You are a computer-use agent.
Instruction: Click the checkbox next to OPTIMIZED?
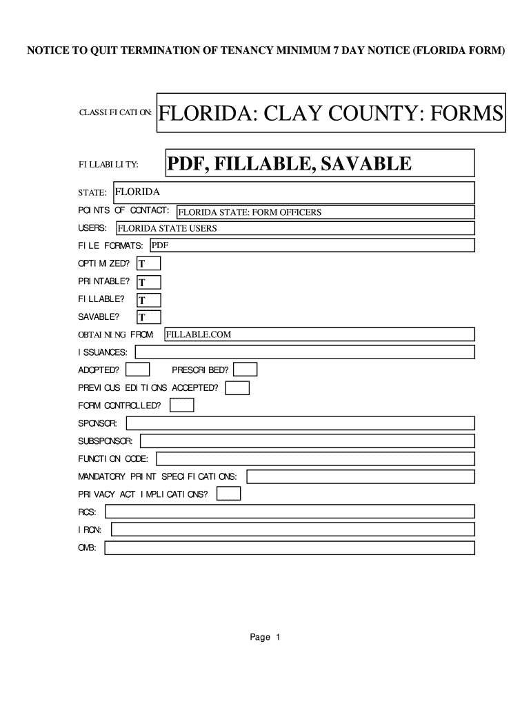pyautogui.click(x=149, y=263)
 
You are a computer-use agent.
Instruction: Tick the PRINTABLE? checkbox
pyautogui.click(x=149, y=282)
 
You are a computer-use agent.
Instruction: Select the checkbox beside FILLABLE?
pyautogui.click(x=149, y=300)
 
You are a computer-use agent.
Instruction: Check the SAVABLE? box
pyautogui.click(x=149, y=318)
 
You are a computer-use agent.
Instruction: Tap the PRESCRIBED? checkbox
pyautogui.click(x=246, y=370)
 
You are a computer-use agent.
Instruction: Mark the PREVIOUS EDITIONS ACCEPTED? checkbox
pyautogui.click(x=238, y=388)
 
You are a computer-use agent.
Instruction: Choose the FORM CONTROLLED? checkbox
pyautogui.click(x=182, y=405)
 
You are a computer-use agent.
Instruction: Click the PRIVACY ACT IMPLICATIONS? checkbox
pyautogui.click(x=229, y=494)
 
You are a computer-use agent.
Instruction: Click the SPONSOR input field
pyautogui.click(x=299, y=423)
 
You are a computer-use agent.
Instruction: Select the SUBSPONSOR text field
pyautogui.click(x=308, y=441)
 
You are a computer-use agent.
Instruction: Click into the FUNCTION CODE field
pyautogui.click(x=316, y=458)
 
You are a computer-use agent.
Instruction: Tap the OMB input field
pyautogui.click(x=290, y=548)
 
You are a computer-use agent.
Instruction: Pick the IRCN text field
pyautogui.click(x=293, y=529)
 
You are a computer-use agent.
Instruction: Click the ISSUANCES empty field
pyautogui.click(x=305, y=352)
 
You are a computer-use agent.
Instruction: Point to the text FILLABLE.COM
pyautogui.click(x=199, y=334)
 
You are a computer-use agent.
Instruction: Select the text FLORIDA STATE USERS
pyautogui.click(x=168, y=228)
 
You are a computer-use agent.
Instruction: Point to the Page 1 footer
pyautogui.click(x=265, y=637)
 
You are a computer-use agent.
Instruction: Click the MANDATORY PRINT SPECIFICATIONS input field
pyautogui.click(x=361, y=476)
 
